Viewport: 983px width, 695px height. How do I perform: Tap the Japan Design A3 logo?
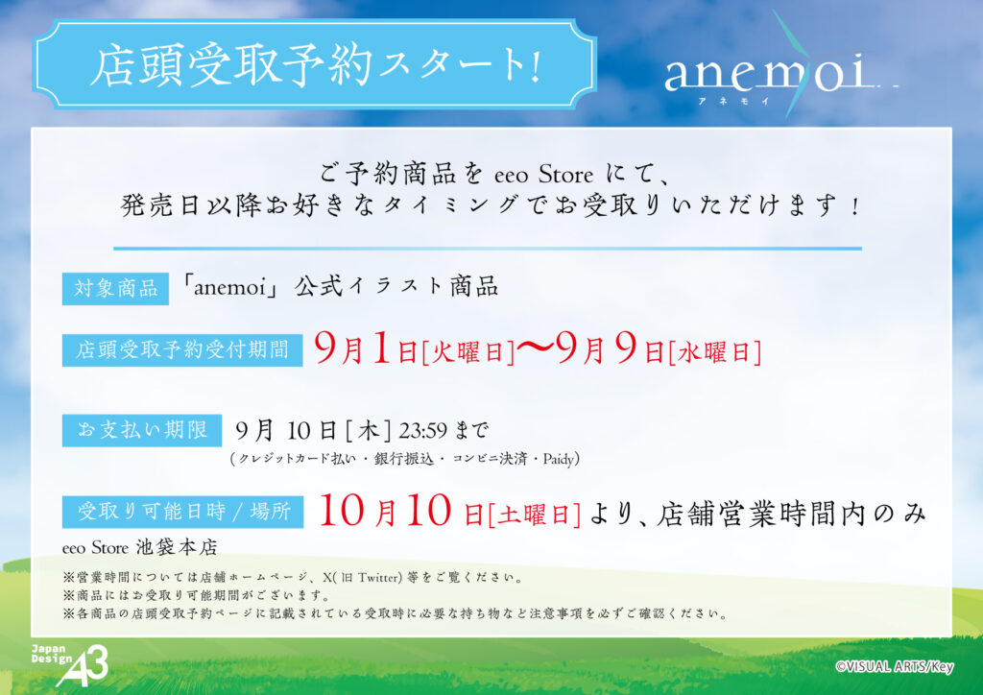pyautogui.click(x=70, y=665)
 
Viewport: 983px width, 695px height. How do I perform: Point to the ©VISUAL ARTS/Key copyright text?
pyautogui.click(x=895, y=667)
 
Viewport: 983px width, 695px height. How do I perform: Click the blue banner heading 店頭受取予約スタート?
pyautogui.click(x=314, y=64)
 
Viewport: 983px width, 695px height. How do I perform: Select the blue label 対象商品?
pyautogui.click(x=115, y=288)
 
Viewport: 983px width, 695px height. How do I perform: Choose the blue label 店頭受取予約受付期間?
pyautogui.click(x=182, y=349)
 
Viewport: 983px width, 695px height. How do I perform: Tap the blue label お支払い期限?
pyautogui.click(x=142, y=430)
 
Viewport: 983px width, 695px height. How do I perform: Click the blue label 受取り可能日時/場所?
pyautogui.click(x=182, y=512)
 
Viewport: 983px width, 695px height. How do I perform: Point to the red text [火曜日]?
pyautogui.click(x=468, y=352)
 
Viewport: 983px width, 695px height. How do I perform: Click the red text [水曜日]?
pyautogui.click(x=714, y=352)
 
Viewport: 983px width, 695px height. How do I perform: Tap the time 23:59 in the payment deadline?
pyautogui.click(x=423, y=431)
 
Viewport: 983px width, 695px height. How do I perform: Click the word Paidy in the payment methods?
pyautogui.click(x=559, y=460)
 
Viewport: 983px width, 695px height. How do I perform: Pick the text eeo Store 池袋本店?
pyautogui.click(x=140, y=548)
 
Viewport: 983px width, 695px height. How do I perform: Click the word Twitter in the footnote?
pyautogui.click(x=378, y=578)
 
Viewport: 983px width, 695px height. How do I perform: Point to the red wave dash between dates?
pyautogui.click(x=536, y=348)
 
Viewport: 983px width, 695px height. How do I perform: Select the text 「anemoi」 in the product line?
pyautogui.click(x=229, y=287)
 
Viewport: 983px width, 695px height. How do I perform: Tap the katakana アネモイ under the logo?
pyautogui.click(x=733, y=101)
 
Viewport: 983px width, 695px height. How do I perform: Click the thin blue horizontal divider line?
pyautogui.click(x=488, y=249)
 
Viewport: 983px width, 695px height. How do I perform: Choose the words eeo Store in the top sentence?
pyautogui.click(x=543, y=174)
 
